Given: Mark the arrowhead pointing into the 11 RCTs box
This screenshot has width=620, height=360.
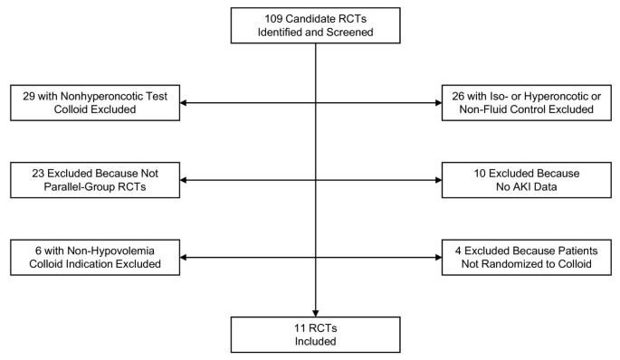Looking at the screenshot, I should (315, 311).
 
